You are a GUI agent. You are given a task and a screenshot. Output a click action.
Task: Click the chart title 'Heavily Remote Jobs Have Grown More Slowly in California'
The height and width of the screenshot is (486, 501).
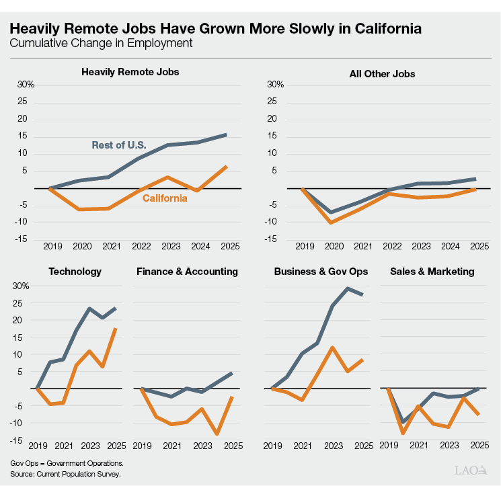216,29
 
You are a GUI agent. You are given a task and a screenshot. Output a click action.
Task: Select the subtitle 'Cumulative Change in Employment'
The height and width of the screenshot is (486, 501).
101,43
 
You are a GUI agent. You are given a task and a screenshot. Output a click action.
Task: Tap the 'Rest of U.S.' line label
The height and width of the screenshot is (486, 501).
119,145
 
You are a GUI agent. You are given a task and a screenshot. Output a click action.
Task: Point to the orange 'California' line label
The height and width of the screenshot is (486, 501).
165,198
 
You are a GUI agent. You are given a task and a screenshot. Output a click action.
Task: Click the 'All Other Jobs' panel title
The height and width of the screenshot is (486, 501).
382,74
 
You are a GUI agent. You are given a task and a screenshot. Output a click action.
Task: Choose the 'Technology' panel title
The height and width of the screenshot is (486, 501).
75,272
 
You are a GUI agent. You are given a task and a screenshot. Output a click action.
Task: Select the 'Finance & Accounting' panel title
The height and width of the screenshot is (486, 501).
187,272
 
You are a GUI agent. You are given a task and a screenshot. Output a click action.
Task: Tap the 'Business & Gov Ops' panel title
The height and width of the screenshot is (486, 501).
321,272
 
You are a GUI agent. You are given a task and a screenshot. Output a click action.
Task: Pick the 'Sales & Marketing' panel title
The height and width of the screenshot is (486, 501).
432,272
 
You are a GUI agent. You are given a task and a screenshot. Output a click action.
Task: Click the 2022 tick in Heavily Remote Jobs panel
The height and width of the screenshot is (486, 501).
141,246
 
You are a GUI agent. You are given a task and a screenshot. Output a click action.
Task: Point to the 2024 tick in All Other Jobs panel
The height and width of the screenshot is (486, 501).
451,246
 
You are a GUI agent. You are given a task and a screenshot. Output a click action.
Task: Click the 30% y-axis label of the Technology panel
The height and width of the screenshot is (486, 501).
21,286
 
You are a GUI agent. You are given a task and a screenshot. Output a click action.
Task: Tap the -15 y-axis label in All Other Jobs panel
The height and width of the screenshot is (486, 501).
270,239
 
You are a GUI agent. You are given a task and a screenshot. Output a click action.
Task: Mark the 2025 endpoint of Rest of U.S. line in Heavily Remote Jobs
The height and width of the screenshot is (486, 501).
227,134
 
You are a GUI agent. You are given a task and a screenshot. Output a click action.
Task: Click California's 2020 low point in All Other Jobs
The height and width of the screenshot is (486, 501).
331,222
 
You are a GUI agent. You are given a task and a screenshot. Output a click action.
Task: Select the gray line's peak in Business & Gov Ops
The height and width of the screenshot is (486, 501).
348,288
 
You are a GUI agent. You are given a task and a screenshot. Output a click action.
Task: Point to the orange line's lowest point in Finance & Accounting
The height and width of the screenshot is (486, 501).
217,434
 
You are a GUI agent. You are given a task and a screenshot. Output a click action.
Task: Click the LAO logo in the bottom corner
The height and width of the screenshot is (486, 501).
471,471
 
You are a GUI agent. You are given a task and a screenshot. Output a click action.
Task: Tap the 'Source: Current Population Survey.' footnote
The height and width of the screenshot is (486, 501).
65,474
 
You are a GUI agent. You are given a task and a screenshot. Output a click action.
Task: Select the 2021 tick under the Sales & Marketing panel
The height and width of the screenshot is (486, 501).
419,446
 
